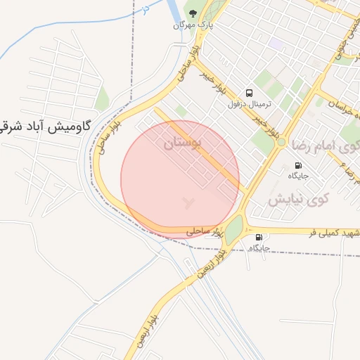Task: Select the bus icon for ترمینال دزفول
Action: [x=249, y=93]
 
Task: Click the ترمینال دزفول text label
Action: [x=249, y=104]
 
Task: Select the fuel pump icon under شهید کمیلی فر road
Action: [x=259, y=238]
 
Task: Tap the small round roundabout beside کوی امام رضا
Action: [x=281, y=142]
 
